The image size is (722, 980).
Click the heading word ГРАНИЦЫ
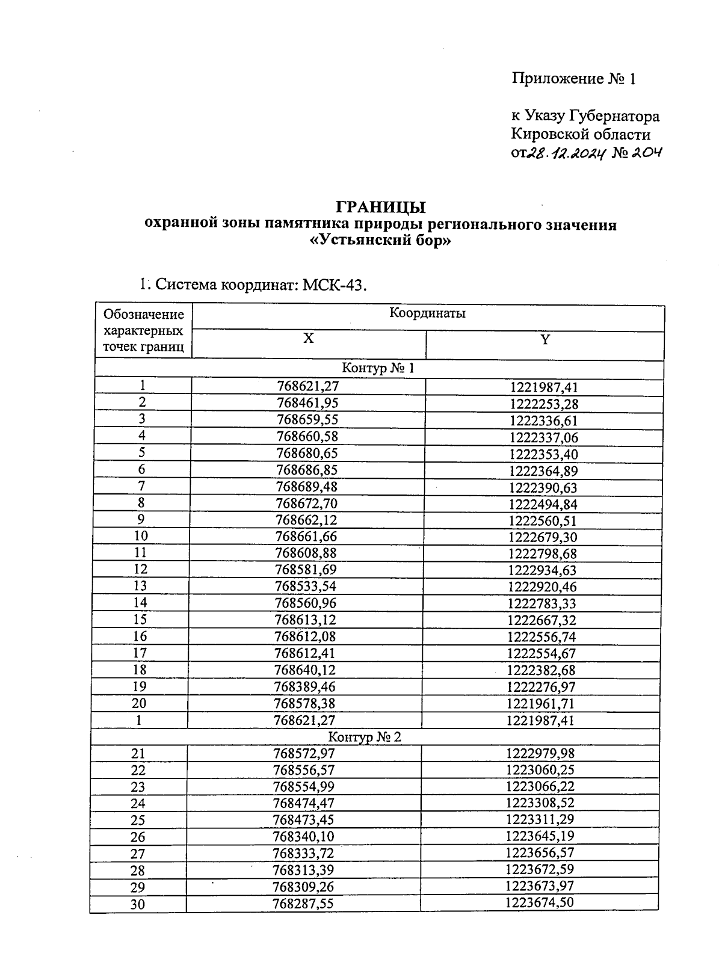380,207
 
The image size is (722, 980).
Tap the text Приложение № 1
573,79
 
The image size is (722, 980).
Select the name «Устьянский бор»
380,242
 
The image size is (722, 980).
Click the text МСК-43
335,284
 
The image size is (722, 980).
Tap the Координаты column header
427,313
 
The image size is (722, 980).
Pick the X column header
308,339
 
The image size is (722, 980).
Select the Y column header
545,340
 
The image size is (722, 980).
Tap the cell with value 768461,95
307,402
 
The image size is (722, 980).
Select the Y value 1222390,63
543,487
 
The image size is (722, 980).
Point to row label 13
140,586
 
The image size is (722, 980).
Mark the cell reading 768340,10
303,837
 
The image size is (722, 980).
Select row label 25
138,821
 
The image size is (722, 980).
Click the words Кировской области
581,134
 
